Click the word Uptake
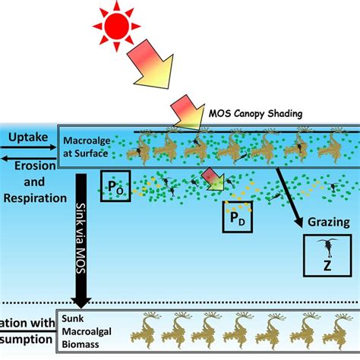[x=27, y=137]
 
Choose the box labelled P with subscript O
[x=115, y=185]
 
